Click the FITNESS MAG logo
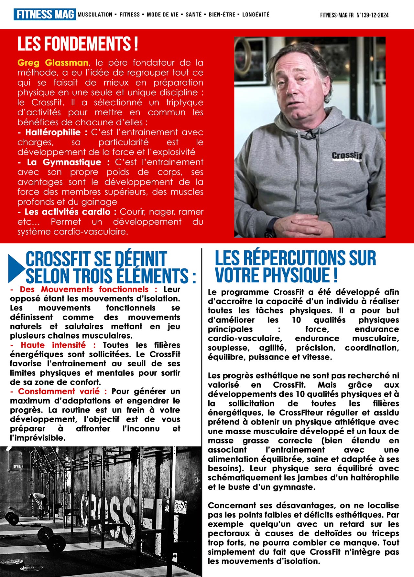[x=45, y=15]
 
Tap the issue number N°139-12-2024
[x=372, y=15]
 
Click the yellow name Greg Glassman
[x=53, y=63]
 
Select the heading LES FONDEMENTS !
[x=78, y=44]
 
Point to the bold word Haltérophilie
[x=53, y=132]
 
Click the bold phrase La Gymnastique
[x=64, y=162]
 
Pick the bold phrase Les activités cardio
[x=68, y=212]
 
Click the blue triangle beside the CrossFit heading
[x=16, y=268]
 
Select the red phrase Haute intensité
[x=53, y=345]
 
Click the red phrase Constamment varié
[x=59, y=392]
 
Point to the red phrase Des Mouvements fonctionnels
[x=84, y=289]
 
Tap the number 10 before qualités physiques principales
[x=296, y=320]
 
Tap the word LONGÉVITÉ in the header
[x=256, y=15]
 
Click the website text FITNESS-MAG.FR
[x=337, y=15]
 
